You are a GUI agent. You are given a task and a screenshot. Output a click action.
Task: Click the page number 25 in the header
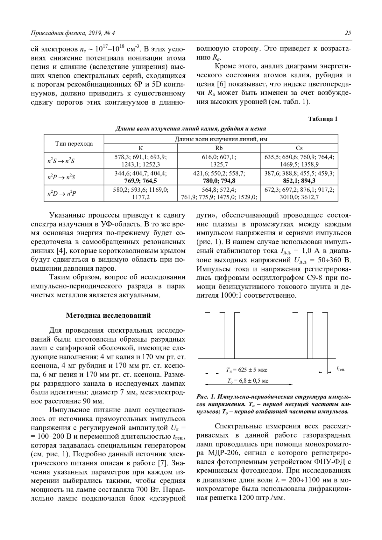point(348,33)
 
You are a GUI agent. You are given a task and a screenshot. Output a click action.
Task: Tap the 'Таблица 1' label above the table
point(323,119)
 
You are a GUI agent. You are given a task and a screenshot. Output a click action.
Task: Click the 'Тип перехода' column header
point(74,144)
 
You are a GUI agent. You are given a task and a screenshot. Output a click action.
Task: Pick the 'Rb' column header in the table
point(219,148)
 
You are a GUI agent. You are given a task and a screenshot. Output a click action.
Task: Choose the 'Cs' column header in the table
point(299,148)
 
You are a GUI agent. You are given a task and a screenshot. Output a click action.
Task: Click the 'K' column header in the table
point(141,148)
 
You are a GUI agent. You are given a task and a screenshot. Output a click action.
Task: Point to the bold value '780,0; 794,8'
point(219,181)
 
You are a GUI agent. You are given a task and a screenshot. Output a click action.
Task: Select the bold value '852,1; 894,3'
point(299,181)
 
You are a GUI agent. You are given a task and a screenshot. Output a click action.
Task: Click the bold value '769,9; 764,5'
point(141,181)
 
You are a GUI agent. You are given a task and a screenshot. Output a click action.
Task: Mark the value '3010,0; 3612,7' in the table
point(299,197)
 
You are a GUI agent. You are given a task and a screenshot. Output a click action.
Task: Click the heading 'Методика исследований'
point(108,315)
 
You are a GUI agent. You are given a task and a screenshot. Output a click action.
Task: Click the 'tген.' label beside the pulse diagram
point(341,369)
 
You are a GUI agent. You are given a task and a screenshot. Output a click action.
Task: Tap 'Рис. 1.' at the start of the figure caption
point(206,397)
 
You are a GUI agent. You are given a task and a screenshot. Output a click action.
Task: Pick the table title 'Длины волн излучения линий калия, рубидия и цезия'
point(190,129)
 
